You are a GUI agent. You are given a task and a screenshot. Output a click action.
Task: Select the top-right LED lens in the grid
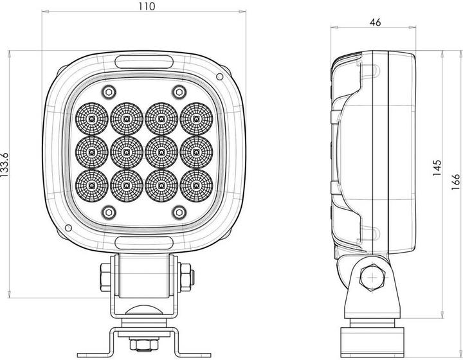point(195,119)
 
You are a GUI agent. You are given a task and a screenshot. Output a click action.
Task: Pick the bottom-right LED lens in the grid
point(195,186)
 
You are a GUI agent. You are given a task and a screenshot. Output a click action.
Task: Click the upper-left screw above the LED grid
point(109,90)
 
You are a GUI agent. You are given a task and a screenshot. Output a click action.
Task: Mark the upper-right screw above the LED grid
point(178,90)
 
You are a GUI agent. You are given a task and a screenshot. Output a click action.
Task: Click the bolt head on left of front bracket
point(104,278)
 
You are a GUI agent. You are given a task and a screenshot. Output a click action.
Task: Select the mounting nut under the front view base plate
point(144,343)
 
